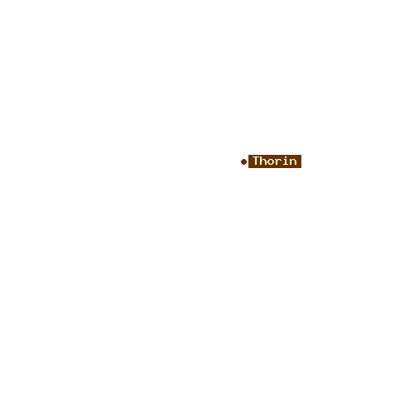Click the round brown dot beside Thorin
coord(243,162)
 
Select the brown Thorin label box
coord(275,161)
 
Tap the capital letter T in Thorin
coord(257,161)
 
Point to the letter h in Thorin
coord(263,161)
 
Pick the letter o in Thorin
coord(271,162)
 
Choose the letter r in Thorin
coord(278,162)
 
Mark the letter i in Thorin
coord(285,161)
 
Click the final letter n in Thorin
coord(293,162)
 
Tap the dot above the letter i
coord(285,156)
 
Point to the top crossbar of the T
coord(257,157)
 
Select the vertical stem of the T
coord(257,161)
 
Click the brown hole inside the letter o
coord(271,162)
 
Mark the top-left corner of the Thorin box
coord(248,155)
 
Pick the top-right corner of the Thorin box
coord(301,155)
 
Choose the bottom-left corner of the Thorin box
coord(248,168)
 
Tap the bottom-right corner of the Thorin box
coord(301,168)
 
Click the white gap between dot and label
coord(248,162)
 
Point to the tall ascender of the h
coord(262,161)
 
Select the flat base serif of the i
coord(285,165)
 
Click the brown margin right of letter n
coord(299,161)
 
